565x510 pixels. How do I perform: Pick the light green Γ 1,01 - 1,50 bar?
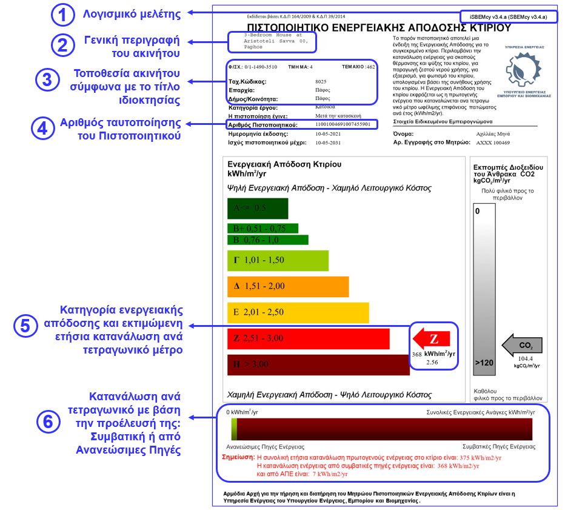pyautogui.click(x=277, y=261)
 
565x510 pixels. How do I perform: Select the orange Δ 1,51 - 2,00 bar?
pyautogui.click(x=287, y=286)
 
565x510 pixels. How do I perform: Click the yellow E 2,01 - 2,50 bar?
pyautogui.click(x=297, y=312)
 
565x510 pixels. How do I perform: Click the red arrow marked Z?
pyautogui.click(x=432, y=338)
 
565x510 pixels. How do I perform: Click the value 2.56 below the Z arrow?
pyautogui.click(x=432, y=362)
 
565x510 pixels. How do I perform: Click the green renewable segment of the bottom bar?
pyautogui.click(x=233, y=429)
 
